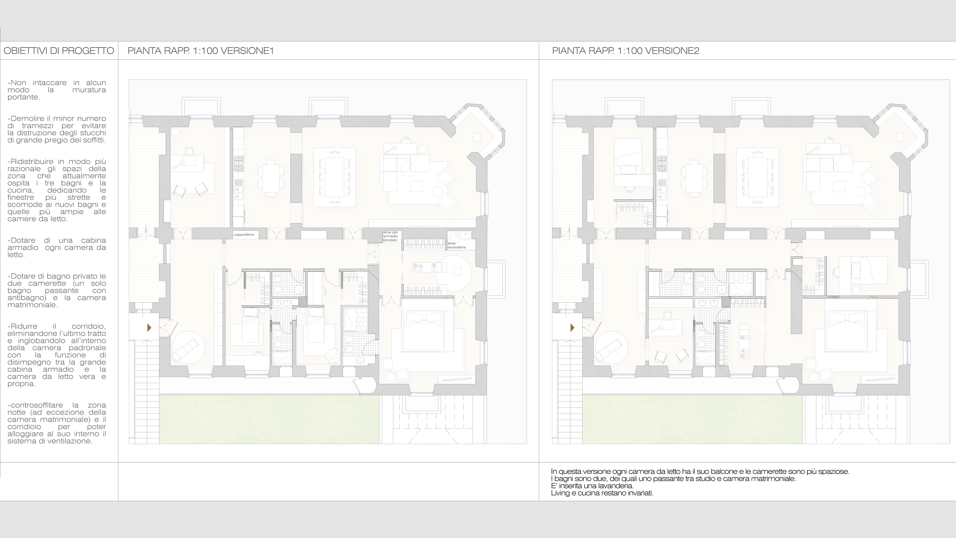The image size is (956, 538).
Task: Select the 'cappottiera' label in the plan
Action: [x=244, y=235]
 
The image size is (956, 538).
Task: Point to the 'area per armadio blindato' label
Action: [x=390, y=236]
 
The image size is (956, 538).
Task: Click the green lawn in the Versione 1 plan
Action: [x=269, y=420]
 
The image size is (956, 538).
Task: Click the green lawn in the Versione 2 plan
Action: [x=692, y=420]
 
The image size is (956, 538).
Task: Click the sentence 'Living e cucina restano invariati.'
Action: [x=602, y=493]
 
